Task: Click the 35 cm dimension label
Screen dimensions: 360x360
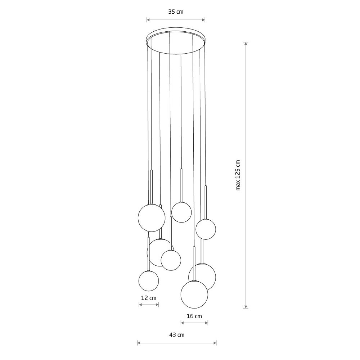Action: coord(176,12)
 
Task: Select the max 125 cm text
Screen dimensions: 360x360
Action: coord(238,175)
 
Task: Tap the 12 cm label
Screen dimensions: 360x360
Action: coord(149,298)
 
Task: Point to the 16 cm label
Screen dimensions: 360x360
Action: coord(194,316)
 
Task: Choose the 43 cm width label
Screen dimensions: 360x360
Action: coord(177,335)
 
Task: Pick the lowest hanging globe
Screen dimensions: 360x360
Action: coord(194,294)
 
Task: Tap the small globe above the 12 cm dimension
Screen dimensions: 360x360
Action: coord(149,281)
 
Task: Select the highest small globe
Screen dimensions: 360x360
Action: coord(181,212)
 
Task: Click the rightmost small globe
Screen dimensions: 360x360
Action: coord(206,229)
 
